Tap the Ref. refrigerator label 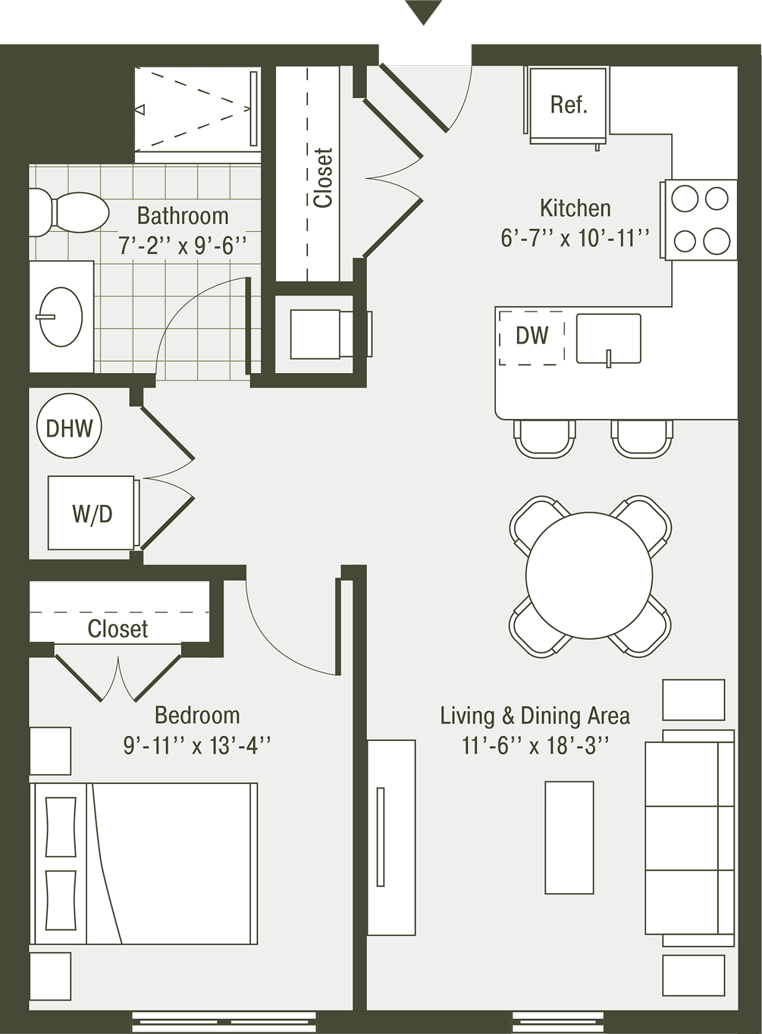(x=569, y=105)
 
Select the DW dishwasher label (x=532, y=336)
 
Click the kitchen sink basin (x=608, y=338)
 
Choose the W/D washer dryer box (x=93, y=513)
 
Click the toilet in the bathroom (x=68, y=213)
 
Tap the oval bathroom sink (x=61, y=317)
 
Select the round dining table (x=589, y=575)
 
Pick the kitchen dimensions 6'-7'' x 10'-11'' (x=575, y=238)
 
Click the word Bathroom (x=183, y=216)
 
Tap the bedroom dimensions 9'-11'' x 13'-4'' (x=196, y=744)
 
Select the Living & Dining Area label (x=535, y=716)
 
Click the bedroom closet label (x=118, y=628)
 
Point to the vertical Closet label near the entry (x=322, y=177)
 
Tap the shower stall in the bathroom (x=198, y=109)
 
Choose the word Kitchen (x=575, y=208)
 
